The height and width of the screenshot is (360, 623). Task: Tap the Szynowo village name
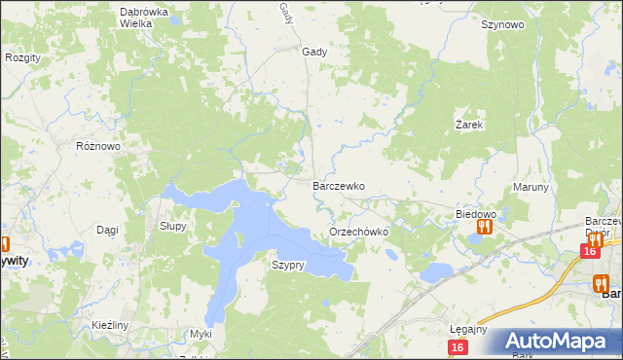click(503, 25)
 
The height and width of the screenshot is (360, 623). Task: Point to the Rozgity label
click(22, 58)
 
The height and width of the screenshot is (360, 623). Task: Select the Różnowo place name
click(97, 146)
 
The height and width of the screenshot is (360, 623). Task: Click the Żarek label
click(469, 126)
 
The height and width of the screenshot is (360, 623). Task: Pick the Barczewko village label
click(338, 185)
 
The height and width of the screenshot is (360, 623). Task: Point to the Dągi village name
click(107, 230)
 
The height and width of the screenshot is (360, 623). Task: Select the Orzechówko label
click(359, 233)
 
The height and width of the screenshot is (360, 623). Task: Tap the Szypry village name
click(289, 265)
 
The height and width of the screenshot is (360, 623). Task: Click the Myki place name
click(201, 334)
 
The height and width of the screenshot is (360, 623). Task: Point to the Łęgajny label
click(468, 329)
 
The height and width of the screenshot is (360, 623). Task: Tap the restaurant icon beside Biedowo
click(483, 228)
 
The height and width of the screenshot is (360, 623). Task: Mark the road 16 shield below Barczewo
click(589, 251)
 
